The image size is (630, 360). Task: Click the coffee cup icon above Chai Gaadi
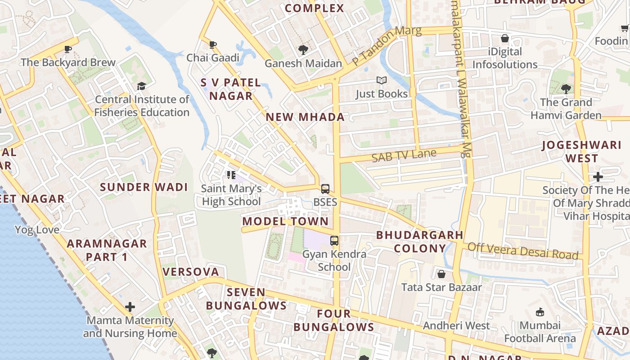pyautogui.click(x=213, y=45)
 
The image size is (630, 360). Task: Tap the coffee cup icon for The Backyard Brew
pyautogui.click(x=68, y=49)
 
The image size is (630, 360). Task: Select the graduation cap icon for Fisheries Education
pyautogui.click(x=142, y=86)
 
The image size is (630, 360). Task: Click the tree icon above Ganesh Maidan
pyautogui.click(x=303, y=50)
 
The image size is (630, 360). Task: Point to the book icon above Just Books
pyautogui.click(x=382, y=81)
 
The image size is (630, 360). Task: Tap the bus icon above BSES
pyautogui.click(x=325, y=189)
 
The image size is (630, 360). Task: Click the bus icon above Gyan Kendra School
pyautogui.click(x=334, y=241)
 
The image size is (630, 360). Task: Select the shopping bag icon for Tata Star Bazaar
pyautogui.click(x=441, y=274)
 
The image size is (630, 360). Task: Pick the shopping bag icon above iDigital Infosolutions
pyautogui.click(x=505, y=39)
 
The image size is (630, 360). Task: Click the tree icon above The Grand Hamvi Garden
pyautogui.click(x=566, y=89)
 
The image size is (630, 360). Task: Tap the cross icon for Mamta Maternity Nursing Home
pyautogui.click(x=130, y=307)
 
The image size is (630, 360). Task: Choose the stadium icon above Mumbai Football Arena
pyautogui.click(x=540, y=312)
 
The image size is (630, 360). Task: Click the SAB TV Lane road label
pyautogui.click(x=404, y=155)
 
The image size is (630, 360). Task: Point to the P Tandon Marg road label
pyautogui.click(x=387, y=45)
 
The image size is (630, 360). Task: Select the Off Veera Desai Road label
pyautogui.click(x=522, y=251)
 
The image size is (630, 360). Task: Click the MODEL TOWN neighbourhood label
pyautogui.click(x=285, y=221)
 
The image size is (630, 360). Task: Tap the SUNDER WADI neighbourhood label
pyautogui.click(x=144, y=187)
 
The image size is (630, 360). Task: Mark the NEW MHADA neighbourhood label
pyautogui.click(x=305, y=117)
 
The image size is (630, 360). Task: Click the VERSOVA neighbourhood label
pyautogui.click(x=191, y=272)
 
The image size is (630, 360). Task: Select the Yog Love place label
pyautogui.click(x=37, y=230)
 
